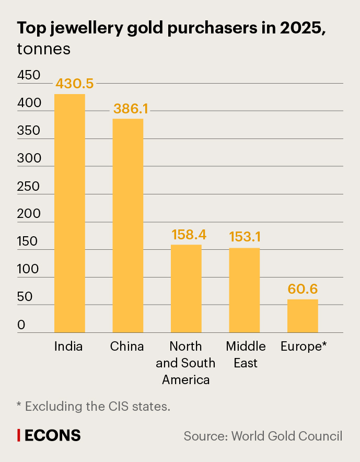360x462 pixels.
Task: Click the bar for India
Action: [70, 213]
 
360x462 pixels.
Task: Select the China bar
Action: [128, 225]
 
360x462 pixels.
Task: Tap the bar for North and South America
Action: [186, 288]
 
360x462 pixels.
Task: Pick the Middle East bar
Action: [244, 290]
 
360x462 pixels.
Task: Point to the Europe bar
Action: [303, 316]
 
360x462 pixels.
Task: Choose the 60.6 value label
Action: [303, 289]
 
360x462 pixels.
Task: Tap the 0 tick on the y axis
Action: [21, 325]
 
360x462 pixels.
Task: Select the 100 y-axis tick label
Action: [28, 270]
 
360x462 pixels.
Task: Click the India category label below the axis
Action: [68, 346]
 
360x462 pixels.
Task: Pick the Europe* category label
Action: [304, 346]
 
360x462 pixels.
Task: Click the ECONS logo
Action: [49, 435]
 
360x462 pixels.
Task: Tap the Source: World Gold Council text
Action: [263, 436]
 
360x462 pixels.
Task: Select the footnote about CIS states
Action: [94, 406]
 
